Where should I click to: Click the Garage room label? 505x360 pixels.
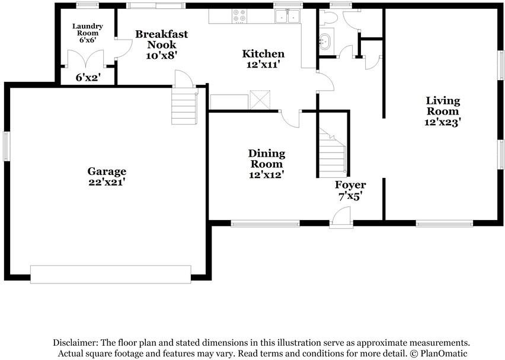click(x=107, y=171)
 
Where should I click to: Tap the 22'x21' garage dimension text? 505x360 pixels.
click(x=107, y=182)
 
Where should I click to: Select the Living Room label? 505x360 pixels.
click(x=443, y=106)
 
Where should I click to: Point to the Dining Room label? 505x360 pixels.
click(x=266, y=158)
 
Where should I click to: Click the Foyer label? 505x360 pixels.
click(x=350, y=185)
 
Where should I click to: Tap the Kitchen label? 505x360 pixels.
click(x=263, y=53)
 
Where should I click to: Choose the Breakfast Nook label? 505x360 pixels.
click(x=161, y=39)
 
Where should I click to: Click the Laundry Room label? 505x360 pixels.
click(x=88, y=30)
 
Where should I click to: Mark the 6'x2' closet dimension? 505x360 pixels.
click(x=88, y=77)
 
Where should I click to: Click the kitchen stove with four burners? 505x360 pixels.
click(x=239, y=16)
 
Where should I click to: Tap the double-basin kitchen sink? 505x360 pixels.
click(x=287, y=16)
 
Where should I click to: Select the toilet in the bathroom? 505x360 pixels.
click(x=328, y=17)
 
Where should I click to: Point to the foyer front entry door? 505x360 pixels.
click(x=341, y=218)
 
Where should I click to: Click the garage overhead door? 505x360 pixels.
click(x=111, y=274)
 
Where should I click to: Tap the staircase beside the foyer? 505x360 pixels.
click(x=332, y=152)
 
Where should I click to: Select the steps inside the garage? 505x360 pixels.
click(x=184, y=106)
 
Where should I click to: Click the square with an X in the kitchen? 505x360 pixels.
click(x=260, y=100)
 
